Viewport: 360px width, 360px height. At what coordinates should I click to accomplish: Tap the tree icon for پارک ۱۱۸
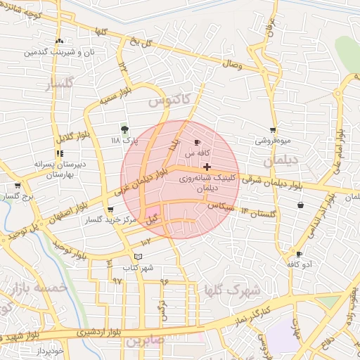(x=124, y=129)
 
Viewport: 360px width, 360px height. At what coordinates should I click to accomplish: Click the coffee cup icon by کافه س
(x=196, y=142)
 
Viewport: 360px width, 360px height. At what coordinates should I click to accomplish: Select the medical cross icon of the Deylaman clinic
(x=207, y=167)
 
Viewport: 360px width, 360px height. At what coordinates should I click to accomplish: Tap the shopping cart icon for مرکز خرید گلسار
(x=110, y=210)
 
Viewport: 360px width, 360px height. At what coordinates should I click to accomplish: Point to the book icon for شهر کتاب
(x=138, y=257)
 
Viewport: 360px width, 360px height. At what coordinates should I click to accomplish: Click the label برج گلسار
(x=18, y=198)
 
